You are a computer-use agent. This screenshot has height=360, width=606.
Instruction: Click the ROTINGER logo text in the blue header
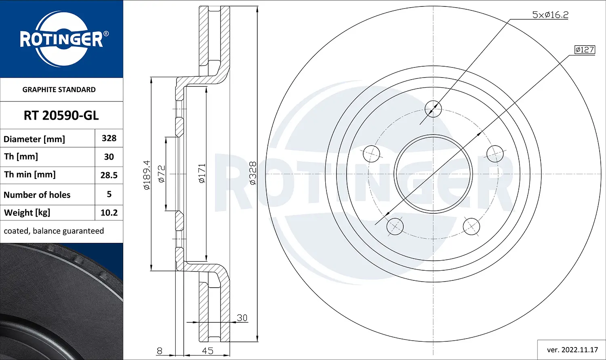(x=61, y=40)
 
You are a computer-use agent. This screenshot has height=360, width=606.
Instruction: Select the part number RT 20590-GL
(x=61, y=116)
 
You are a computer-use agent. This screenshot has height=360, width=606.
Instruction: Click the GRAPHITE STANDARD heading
(x=59, y=90)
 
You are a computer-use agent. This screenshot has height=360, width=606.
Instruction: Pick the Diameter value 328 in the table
(x=109, y=138)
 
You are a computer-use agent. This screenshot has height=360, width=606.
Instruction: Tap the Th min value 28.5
(x=109, y=175)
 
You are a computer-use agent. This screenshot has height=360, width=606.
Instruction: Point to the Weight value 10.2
(x=109, y=213)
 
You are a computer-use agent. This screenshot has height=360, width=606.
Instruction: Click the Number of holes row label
(x=37, y=195)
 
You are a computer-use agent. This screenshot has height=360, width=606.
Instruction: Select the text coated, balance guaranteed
(x=54, y=231)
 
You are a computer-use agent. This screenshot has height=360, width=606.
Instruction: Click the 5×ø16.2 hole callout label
(x=550, y=15)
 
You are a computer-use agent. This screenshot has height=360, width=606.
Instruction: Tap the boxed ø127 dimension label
(x=585, y=50)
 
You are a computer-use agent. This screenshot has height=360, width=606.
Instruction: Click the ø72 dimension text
(x=161, y=174)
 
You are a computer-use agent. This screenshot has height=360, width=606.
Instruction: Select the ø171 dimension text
(x=202, y=173)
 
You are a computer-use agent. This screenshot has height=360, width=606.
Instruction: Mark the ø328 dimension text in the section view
(x=253, y=173)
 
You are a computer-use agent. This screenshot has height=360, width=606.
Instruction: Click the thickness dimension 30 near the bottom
(x=242, y=318)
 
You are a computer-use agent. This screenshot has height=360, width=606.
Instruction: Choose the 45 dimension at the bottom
(x=207, y=351)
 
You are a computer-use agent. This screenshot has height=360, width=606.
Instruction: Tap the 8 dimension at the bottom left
(x=160, y=351)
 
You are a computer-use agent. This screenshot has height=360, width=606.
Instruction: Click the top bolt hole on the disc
(x=433, y=109)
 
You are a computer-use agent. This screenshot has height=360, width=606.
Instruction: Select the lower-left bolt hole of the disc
(x=395, y=226)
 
